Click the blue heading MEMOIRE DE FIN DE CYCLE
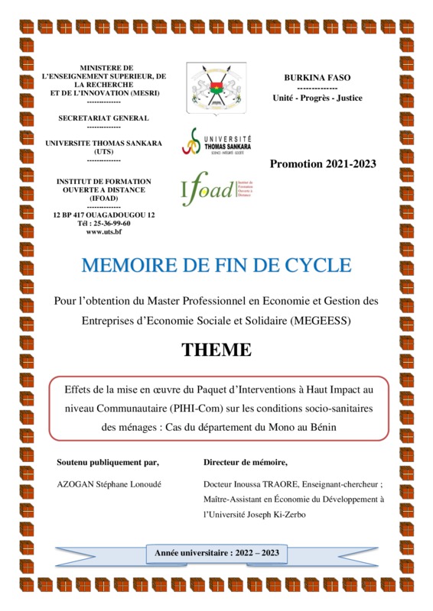pyautogui.click(x=216, y=265)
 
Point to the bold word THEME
pyautogui.click(x=216, y=351)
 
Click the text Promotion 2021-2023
pyautogui.click(x=323, y=164)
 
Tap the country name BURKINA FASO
pyautogui.click(x=317, y=79)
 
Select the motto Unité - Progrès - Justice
pyautogui.click(x=317, y=98)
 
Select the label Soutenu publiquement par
pyautogui.click(x=108, y=462)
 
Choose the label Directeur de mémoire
pyautogui.click(x=246, y=462)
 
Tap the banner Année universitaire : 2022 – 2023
pyautogui.click(x=216, y=552)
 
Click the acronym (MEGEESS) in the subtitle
pyautogui.click(x=314, y=321)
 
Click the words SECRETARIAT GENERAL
pyautogui.click(x=104, y=118)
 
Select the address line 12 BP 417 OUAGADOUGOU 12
pyautogui.click(x=104, y=215)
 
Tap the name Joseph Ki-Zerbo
pyautogui.click(x=278, y=515)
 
